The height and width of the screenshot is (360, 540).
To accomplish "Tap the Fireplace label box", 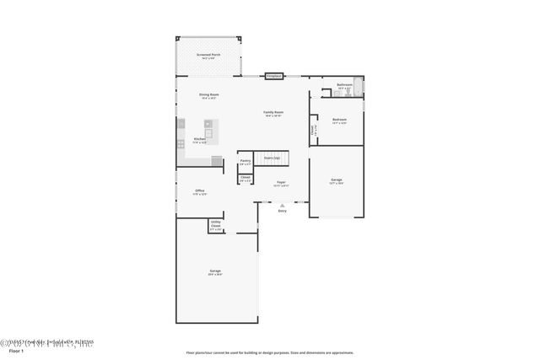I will pos(273,76).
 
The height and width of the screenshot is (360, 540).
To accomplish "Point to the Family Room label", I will pos(273,113).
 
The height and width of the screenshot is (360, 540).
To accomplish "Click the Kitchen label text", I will pos(200,139).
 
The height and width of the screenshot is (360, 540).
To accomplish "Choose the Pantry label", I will pos(245,161).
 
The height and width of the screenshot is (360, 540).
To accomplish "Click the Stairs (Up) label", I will pos(272,158).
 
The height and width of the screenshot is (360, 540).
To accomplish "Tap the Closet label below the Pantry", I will pos(245,178).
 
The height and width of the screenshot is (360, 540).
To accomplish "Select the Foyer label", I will pos(282,182).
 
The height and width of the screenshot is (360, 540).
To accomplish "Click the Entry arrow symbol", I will pos(282,204).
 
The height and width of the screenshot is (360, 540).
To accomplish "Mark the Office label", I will pos(200,191).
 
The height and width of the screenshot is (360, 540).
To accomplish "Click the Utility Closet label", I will pos(215,225).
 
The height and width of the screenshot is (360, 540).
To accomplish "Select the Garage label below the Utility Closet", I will pos(215,271).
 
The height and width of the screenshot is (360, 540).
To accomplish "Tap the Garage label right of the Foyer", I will pos(336,180).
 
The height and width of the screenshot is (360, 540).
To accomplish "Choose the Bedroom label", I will pos(339,120).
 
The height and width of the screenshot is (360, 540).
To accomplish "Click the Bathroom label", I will pos(344,85).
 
